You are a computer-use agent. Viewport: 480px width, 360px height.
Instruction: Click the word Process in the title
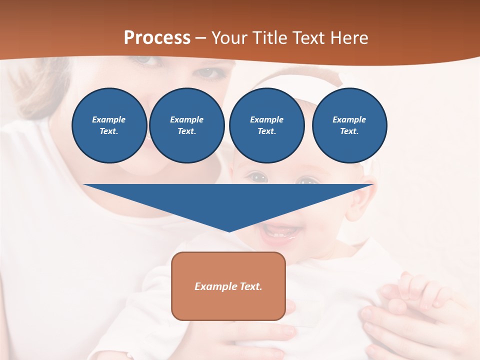click(157, 37)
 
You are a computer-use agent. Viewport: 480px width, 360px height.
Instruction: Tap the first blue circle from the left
click(109, 125)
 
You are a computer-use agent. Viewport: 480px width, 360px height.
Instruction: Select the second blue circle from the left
click(186, 125)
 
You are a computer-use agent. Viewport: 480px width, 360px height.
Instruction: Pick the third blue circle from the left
click(266, 125)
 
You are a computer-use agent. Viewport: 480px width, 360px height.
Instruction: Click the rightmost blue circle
click(349, 125)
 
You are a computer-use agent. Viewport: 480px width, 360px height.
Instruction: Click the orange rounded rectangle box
click(228, 286)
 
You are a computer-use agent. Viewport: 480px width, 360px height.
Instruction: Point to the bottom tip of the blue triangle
click(229, 231)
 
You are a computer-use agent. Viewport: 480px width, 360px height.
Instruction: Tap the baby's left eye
click(258, 177)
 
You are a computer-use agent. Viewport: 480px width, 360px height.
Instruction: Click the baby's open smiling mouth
click(282, 231)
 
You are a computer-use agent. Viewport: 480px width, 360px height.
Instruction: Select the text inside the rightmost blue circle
click(349, 125)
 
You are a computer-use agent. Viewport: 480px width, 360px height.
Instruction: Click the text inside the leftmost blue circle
click(109, 125)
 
